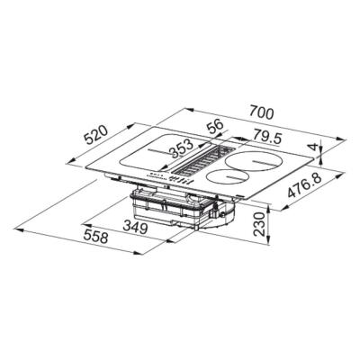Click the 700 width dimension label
(261, 114)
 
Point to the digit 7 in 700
(251, 114)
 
